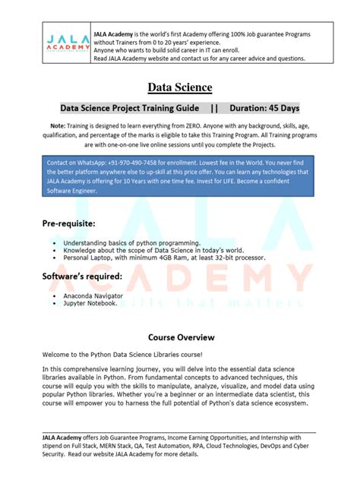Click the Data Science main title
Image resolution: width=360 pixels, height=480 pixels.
click(179, 87)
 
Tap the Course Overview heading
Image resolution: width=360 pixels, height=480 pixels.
click(179, 335)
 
